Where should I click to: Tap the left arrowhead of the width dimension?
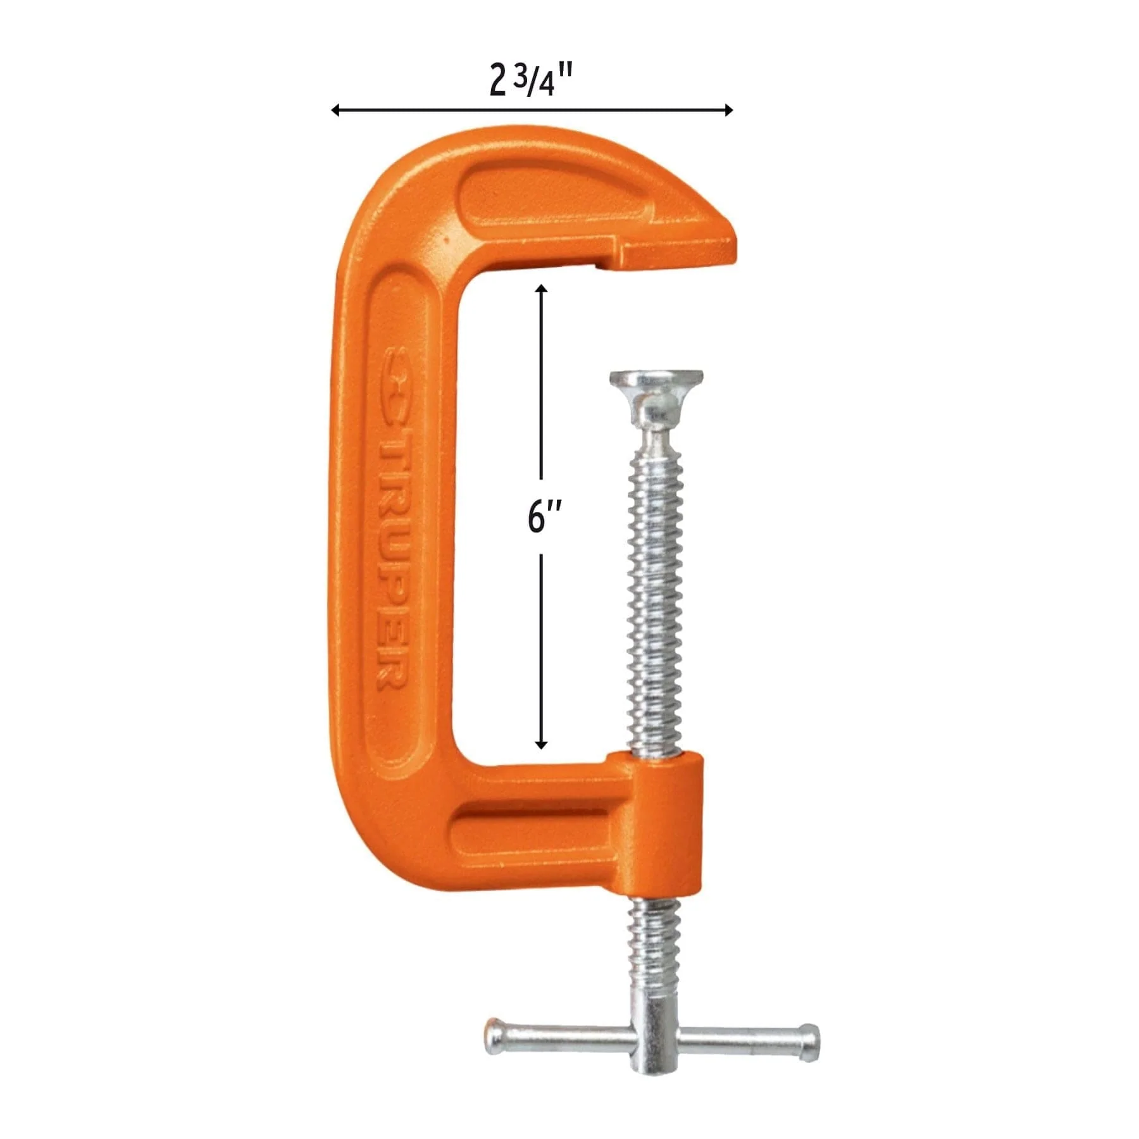335,110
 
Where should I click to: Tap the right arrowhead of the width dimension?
728,110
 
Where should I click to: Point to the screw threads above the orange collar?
656,601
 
